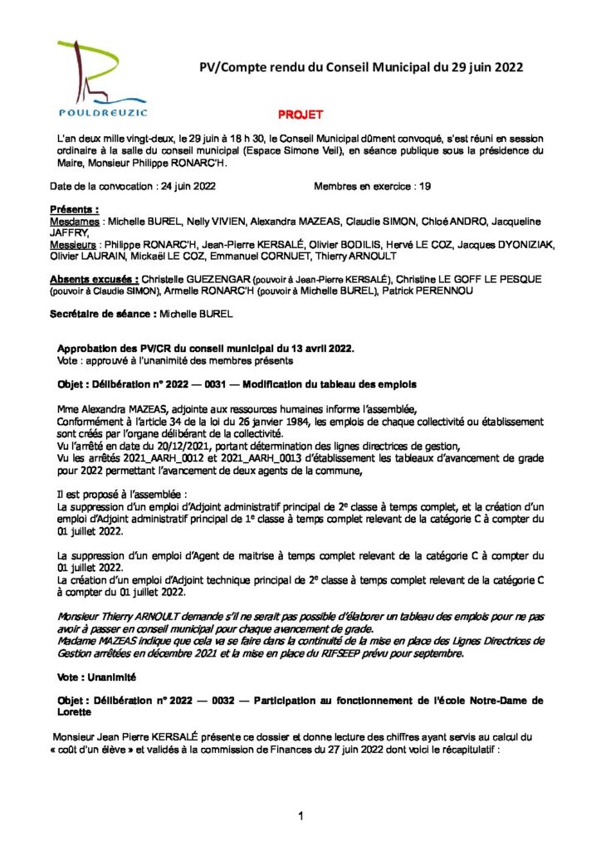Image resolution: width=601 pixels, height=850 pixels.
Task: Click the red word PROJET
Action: [300, 115]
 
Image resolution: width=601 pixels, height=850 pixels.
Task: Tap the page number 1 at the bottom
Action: [300, 817]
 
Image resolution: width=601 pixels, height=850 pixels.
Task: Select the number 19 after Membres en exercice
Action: [424, 187]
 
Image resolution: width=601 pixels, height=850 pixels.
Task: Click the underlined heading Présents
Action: [75, 211]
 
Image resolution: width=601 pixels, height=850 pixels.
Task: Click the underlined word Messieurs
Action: [73, 246]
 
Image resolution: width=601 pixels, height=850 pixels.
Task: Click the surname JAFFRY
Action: [70, 234]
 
